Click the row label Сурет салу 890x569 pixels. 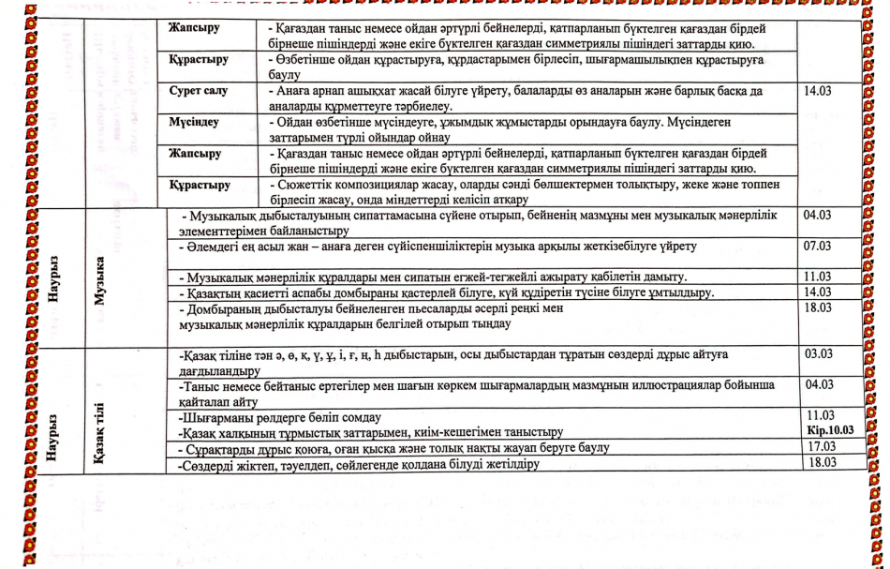(198, 93)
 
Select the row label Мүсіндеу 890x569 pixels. (195, 123)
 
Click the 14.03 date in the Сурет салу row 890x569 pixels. (818, 93)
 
